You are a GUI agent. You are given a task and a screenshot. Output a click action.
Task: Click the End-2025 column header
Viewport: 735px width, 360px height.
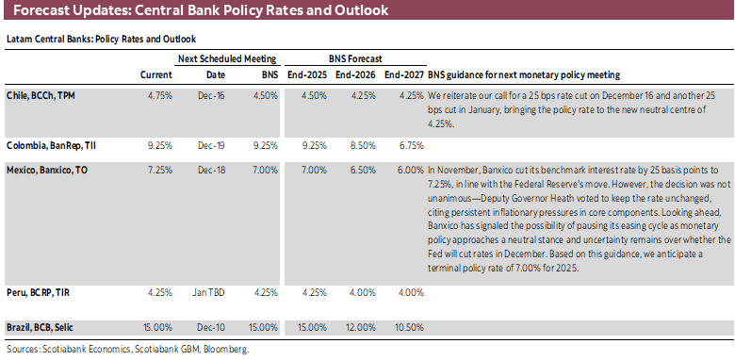coord(307,74)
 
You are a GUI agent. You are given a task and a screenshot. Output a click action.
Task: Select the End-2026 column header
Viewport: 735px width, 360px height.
coord(356,74)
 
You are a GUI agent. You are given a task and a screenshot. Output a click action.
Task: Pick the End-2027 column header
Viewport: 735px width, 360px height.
coord(403,74)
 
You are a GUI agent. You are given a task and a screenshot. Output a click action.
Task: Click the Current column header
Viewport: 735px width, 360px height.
coord(155,74)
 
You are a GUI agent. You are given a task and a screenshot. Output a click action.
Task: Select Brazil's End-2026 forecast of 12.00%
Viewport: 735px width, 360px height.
coord(356,326)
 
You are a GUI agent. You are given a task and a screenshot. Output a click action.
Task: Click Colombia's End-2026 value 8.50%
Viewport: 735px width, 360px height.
coord(358,147)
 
